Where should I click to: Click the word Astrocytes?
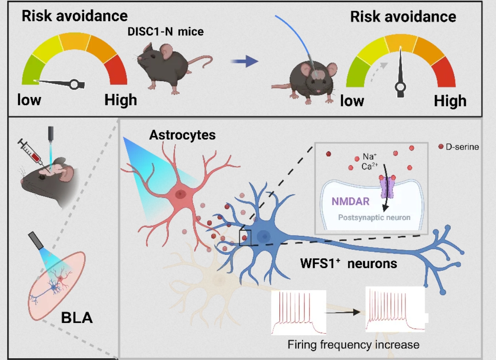tap(182, 135)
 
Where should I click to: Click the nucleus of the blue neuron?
tap(264, 236)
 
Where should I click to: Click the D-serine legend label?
tap(462, 147)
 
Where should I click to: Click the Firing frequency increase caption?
tap(353, 344)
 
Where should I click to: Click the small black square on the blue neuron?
tap(245, 238)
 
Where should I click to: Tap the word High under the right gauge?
tap(450, 101)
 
